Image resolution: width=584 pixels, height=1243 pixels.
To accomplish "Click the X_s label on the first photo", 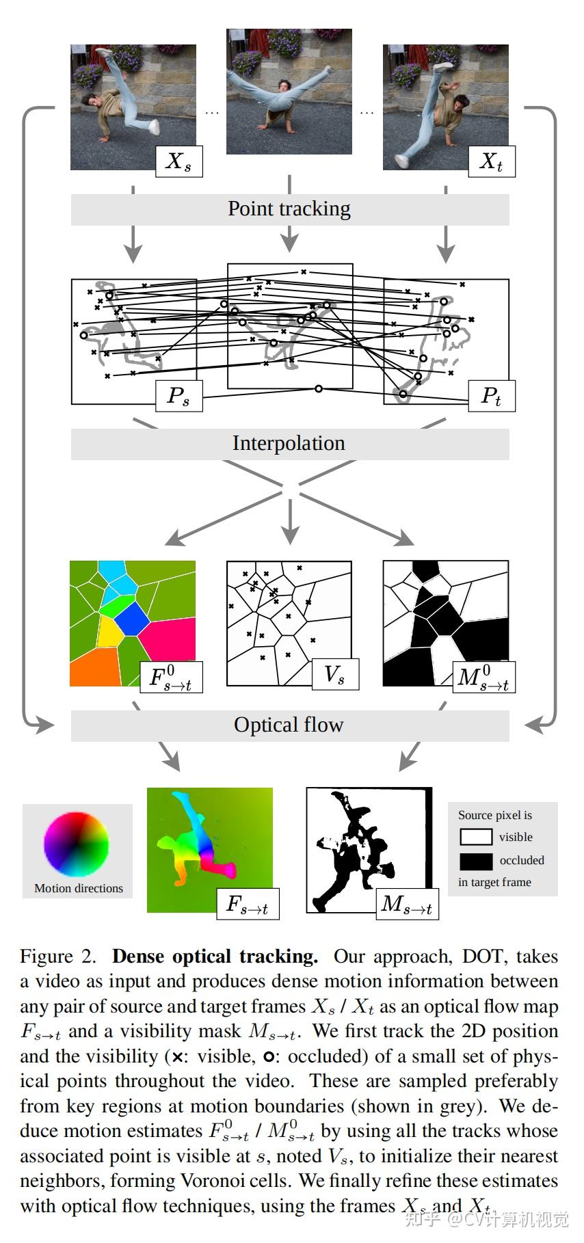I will tap(179, 161).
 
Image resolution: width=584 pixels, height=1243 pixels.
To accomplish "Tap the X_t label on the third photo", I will tap(491, 161).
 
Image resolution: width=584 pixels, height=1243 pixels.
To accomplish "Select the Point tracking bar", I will tap(290, 209).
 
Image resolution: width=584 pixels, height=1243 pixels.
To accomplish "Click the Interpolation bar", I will tap(290, 444).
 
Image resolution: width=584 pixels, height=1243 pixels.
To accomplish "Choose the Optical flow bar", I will tap(290, 725).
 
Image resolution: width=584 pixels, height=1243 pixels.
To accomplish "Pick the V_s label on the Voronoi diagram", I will tap(334, 676).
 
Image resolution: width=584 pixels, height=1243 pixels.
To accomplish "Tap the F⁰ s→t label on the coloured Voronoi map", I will tap(171, 678).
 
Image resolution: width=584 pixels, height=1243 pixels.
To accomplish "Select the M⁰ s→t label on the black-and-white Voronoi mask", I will tap(483, 678).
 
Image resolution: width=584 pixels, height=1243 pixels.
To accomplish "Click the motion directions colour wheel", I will tap(77, 844).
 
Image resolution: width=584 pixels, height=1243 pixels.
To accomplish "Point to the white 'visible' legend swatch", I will tap(475, 837).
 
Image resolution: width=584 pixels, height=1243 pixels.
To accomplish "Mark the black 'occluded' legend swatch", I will tap(475, 860).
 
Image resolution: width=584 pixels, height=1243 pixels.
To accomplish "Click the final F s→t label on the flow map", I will tap(248, 905).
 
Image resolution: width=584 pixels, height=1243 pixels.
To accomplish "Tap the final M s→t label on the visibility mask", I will tap(407, 905).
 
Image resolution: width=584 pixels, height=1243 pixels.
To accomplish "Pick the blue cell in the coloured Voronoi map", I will tap(131, 620).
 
